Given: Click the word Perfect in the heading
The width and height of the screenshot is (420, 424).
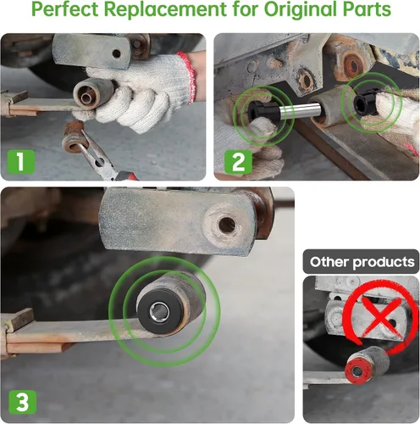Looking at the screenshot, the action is pos(65,8).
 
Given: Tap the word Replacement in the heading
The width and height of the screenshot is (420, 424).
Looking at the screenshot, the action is pos(165,9).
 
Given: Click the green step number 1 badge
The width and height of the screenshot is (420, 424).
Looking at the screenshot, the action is pos(20,161).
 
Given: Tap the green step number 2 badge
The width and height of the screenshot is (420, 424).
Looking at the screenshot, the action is pos(238,161).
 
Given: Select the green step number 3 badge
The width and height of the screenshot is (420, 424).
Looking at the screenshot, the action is pos(22,401).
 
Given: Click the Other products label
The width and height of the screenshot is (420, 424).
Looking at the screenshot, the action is pos(362,262).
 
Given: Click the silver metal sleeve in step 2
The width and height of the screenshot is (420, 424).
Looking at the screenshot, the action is pos(300,109).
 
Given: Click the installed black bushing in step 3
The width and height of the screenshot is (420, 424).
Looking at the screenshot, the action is pos(160,312).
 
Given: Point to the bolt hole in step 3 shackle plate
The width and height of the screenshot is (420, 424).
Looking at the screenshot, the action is pos(226,225).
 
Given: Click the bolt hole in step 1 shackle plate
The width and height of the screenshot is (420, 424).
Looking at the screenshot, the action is pos(116,53).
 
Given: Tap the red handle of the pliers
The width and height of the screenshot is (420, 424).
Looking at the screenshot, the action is pos(126,176).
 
